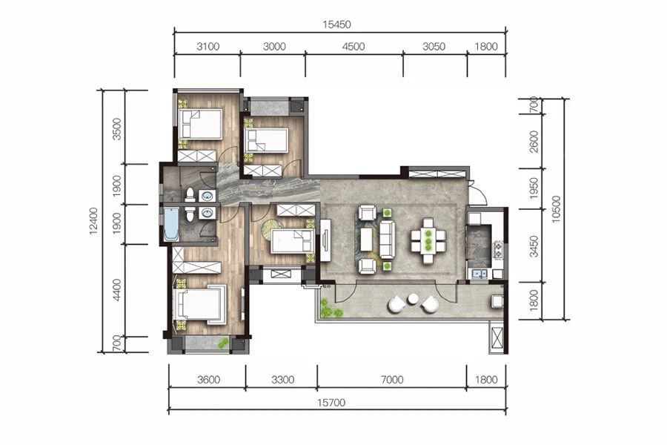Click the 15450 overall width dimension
point(336,24)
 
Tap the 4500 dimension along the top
point(354,47)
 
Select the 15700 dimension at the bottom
point(331,403)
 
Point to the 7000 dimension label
point(392,380)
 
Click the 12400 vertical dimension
point(93,221)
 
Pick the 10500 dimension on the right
point(557,209)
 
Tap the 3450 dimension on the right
point(534,246)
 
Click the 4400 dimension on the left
point(117,290)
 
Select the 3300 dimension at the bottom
point(282,380)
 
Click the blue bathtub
point(170,224)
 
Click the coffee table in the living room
point(367,240)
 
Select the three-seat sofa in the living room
point(387,240)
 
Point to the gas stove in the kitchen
point(498,250)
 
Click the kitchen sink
point(479,274)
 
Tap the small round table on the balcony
point(413,300)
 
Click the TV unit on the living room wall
point(325,240)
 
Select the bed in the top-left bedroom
point(200,124)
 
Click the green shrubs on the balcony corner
point(329,309)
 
